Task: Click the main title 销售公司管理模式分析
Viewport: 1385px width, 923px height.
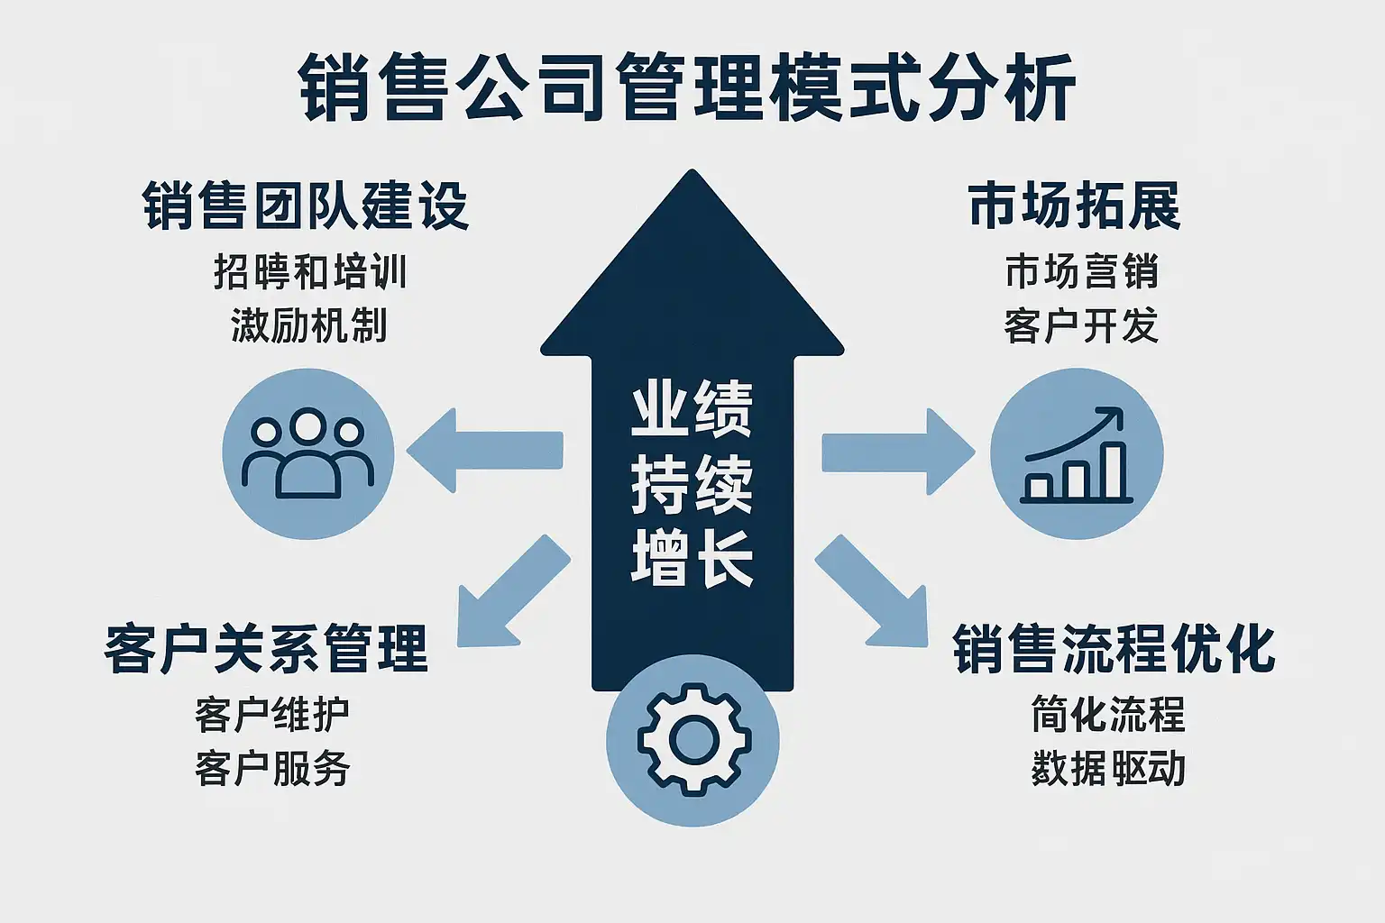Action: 687,87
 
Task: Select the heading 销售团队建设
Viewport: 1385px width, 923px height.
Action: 306,206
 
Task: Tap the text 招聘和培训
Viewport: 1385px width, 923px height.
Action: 310,271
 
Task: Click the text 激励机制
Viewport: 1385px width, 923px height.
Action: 309,325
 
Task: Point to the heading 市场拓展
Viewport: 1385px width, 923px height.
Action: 1074,206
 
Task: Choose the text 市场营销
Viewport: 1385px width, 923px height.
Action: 1081,271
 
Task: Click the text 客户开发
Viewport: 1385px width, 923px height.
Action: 1081,325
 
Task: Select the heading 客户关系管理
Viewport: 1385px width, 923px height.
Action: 266,648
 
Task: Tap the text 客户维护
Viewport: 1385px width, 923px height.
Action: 272,715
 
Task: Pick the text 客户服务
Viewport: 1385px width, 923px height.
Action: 272,768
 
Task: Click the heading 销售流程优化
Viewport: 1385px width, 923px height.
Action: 1114,648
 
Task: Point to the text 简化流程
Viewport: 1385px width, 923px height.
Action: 1108,715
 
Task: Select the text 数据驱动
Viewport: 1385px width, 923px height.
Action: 1108,768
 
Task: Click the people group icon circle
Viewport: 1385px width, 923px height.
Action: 308,453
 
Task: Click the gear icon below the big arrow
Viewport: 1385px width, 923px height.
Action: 692,740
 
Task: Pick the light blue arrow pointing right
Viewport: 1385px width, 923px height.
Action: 897,451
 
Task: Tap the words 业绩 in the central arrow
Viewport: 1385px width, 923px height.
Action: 692,410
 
